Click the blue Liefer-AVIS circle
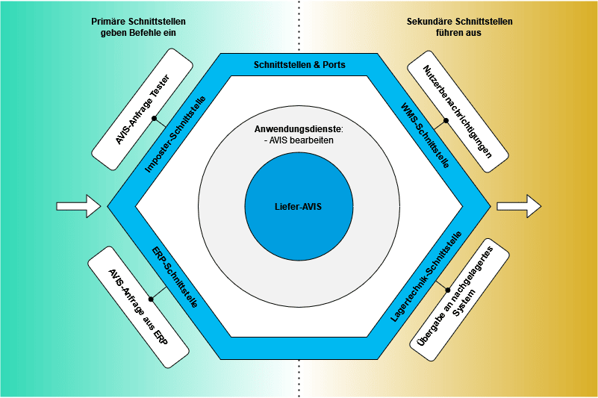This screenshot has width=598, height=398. (x=299, y=205)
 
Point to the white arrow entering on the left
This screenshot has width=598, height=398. (x=78, y=205)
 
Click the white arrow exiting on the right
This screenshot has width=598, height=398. (x=519, y=205)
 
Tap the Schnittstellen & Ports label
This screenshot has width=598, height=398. (x=299, y=65)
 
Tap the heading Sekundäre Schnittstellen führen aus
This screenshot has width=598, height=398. (x=459, y=27)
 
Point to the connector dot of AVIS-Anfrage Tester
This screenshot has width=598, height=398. (x=154, y=118)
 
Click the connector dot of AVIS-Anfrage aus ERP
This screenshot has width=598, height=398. (x=152, y=297)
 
